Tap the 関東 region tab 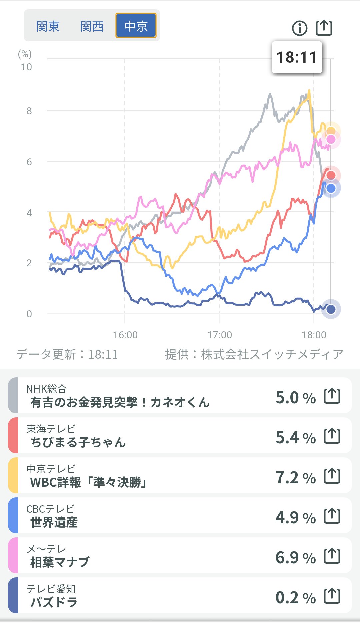pyautogui.click(x=48, y=26)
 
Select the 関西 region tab pyautogui.click(x=92, y=26)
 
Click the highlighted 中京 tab pyautogui.click(x=136, y=26)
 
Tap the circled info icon pyautogui.click(x=299, y=28)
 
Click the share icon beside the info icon pyautogui.click(x=324, y=27)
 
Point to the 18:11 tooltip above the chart pyautogui.click(x=297, y=57)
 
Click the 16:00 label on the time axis pyautogui.click(x=125, y=335)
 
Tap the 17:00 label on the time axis pyautogui.click(x=219, y=335)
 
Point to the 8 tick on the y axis pyautogui.click(x=29, y=111)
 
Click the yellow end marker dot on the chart pyautogui.click(x=331, y=131)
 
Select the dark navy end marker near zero pyautogui.click(x=331, y=309)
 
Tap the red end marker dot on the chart pyautogui.click(x=331, y=175)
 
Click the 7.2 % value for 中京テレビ pyautogui.click(x=295, y=478)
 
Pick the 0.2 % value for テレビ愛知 pyautogui.click(x=295, y=598)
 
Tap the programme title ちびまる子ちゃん pyautogui.click(x=78, y=442)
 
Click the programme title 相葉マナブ pyautogui.click(x=60, y=562)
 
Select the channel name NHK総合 pyautogui.click(x=46, y=389)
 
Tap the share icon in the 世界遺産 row pyautogui.click(x=332, y=516)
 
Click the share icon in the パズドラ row pyautogui.click(x=332, y=596)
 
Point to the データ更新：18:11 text pyautogui.click(x=67, y=354)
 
